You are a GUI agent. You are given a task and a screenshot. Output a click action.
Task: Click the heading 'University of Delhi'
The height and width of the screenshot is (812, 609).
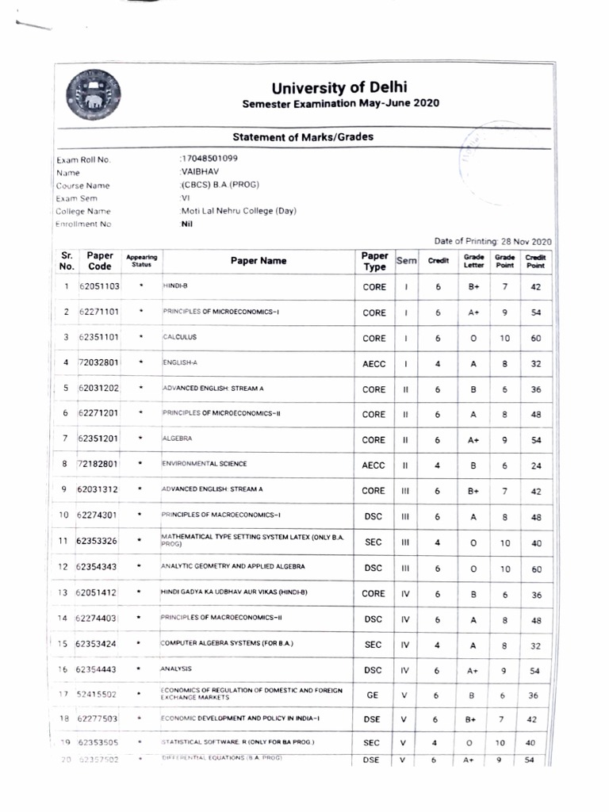tap(340, 87)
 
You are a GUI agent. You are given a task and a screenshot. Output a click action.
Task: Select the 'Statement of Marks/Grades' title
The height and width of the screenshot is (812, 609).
tap(303, 137)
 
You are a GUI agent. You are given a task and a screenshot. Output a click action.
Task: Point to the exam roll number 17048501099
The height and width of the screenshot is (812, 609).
tap(209, 158)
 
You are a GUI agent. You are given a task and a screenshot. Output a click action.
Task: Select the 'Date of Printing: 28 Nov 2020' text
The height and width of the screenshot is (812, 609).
tap(492, 240)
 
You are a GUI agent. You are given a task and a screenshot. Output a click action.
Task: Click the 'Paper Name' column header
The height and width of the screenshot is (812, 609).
tap(259, 260)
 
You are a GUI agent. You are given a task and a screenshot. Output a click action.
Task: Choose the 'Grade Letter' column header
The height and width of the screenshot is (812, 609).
tap(473, 260)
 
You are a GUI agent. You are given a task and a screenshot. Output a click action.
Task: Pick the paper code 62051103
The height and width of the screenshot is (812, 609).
tap(100, 286)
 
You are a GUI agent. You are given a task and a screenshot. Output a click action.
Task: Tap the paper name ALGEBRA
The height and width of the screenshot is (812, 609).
tap(178, 439)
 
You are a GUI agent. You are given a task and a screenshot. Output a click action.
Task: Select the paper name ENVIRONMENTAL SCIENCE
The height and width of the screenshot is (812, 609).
tap(205, 464)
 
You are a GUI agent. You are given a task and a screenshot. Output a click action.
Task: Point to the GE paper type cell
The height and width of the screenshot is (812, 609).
tap(373, 695)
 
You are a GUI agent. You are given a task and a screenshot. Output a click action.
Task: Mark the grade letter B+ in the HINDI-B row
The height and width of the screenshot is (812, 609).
tap(473, 287)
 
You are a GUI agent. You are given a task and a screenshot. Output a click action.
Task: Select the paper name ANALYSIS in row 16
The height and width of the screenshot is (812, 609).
tap(177, 669)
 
